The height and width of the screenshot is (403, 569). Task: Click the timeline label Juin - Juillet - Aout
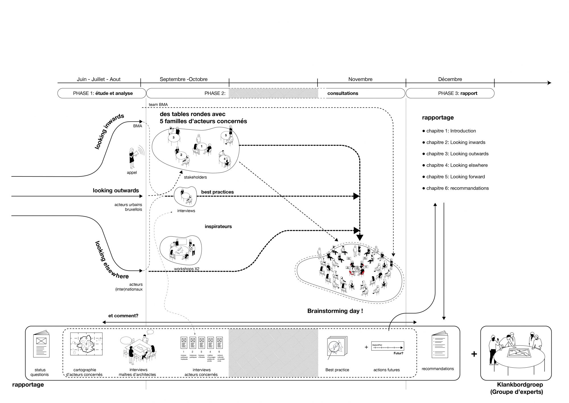[x=99, y=79]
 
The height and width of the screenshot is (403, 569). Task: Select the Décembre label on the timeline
[x=450, y=79]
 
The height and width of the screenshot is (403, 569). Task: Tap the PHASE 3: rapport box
[x=450, y=93]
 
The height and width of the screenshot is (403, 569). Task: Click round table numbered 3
[x=173, y=137]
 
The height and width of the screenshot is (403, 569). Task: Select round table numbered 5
[x=226, y=135]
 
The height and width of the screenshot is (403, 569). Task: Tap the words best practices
[x=217, y=192]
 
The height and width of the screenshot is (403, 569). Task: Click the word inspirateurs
[x=218, y=227]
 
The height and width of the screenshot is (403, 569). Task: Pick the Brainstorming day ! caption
[x=335, y=311]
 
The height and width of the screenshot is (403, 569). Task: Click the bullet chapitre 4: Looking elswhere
[x=455, y=165]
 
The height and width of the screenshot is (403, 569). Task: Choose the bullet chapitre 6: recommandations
[x=455, y=188]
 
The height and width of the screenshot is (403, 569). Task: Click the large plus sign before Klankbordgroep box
[x=474, y=354]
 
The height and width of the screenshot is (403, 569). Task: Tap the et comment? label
[x=123, y=316]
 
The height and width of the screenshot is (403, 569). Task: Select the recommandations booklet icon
[x=438, y=345]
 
